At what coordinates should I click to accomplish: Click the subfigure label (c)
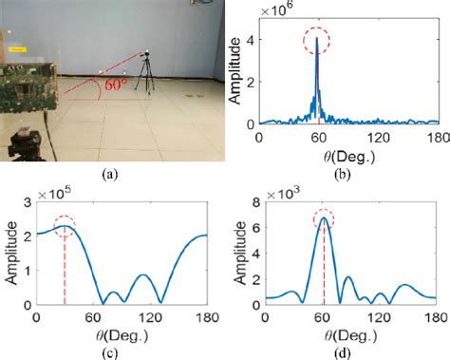tap(109, 351)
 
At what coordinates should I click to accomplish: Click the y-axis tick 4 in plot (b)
tap(253, 39)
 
